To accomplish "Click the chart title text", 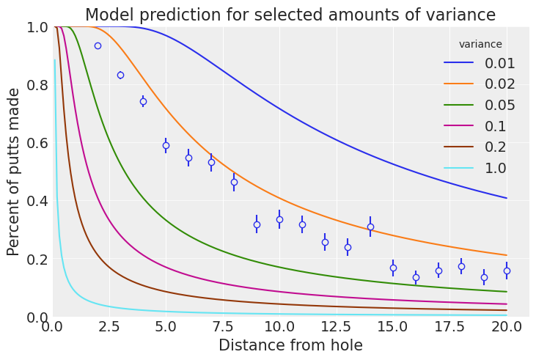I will coord(290,15).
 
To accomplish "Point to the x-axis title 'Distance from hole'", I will coord(290,345).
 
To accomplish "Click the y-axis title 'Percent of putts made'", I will coord(14,172).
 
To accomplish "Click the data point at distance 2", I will coord(98,45).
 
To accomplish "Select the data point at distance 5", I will coord(166,145).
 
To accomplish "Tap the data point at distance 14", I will coord(370,227).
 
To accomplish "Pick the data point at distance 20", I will coord(507,271).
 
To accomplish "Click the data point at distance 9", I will coord(257,224).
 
